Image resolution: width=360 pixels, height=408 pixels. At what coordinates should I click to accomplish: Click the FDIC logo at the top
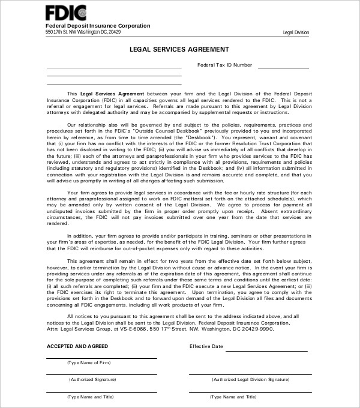66,13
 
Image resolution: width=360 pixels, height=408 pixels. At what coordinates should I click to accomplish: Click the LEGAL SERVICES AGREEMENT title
179,49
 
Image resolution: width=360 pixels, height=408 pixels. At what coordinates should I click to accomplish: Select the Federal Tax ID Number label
225,65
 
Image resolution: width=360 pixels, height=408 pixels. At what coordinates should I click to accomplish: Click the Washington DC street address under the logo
83,32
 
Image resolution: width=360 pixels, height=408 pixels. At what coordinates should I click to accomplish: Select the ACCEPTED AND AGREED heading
77,347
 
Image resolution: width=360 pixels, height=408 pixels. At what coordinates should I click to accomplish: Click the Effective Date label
206,347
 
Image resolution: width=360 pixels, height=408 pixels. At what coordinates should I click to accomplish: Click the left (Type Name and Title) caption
91,397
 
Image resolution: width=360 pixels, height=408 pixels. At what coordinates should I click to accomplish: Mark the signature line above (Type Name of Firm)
101,358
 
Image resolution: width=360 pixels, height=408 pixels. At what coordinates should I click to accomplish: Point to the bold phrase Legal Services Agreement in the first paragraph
113,94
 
